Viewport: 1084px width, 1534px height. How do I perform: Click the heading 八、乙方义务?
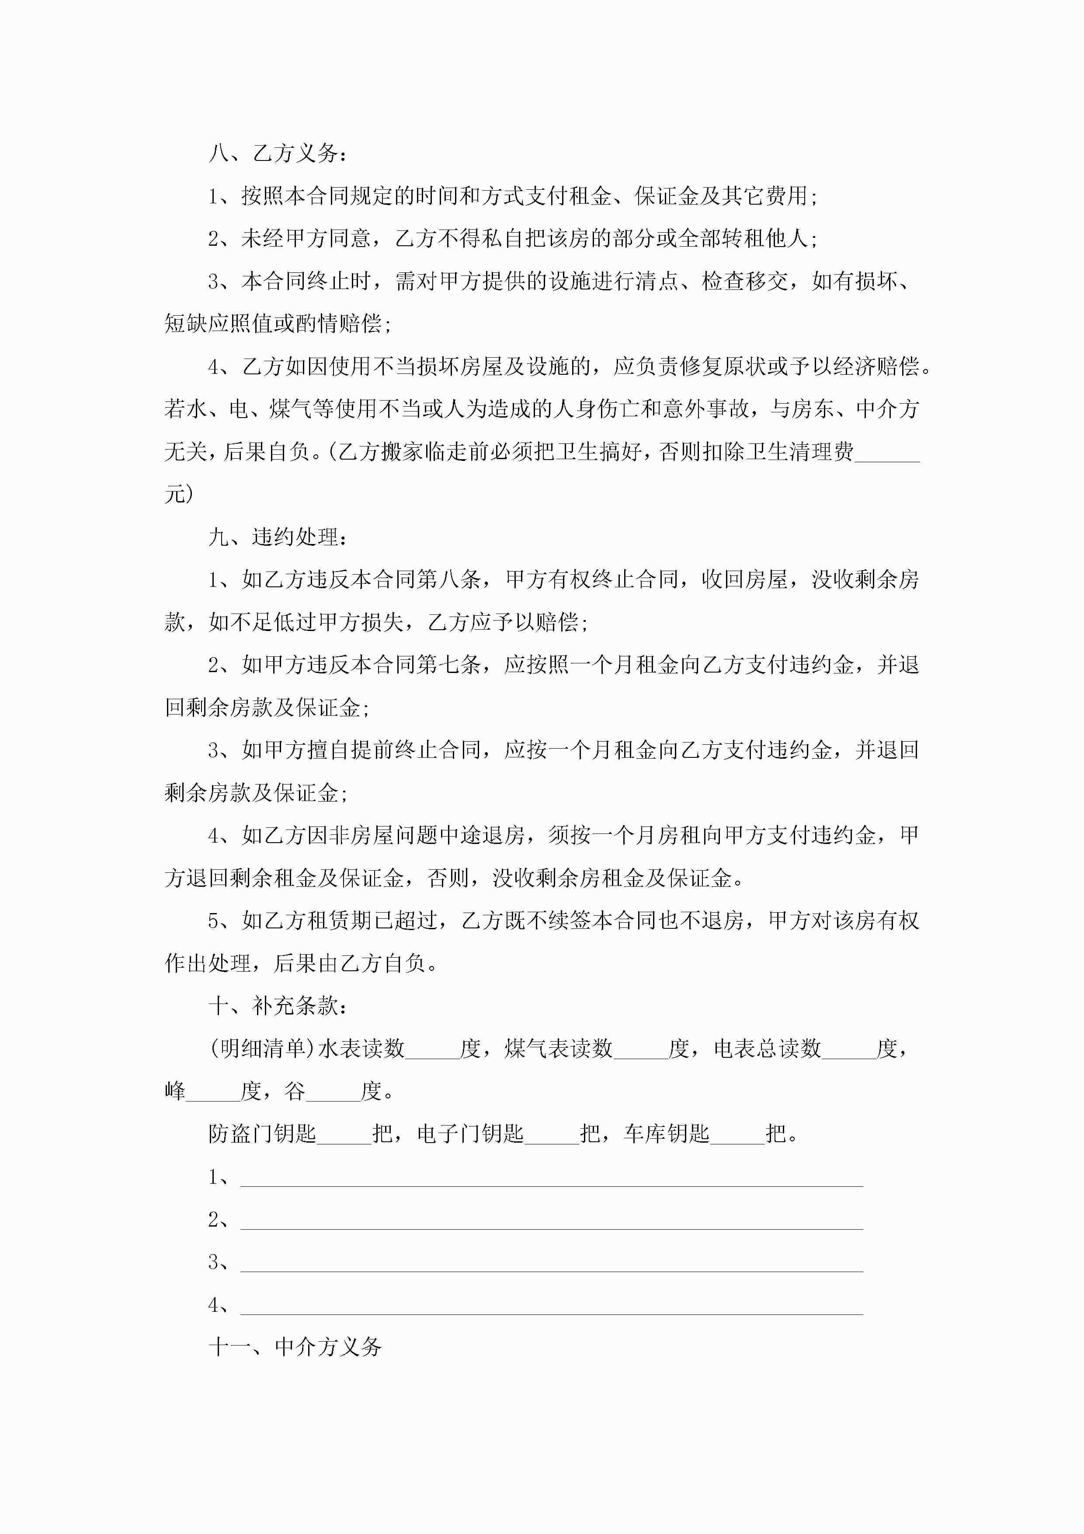(x=277, y=153)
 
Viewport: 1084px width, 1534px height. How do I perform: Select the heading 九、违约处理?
(x=277, y=537)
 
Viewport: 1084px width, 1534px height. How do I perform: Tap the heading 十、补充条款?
(x=277, y=1005)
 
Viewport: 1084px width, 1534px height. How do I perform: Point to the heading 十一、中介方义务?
(x=295, y=1346)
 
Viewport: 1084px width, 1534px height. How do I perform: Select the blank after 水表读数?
(x=432, y=1049)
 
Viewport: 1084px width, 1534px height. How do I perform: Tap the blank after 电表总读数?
(x=848, y=1049)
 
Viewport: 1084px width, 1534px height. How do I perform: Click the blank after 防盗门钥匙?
(x=344, y=1134)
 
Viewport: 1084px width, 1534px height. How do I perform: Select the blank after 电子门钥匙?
(x=552, y=1134)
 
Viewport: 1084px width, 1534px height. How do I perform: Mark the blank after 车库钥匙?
(x=737, y=1134)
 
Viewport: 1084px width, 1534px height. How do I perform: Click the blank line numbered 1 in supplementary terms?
(x=551, y=1177)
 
